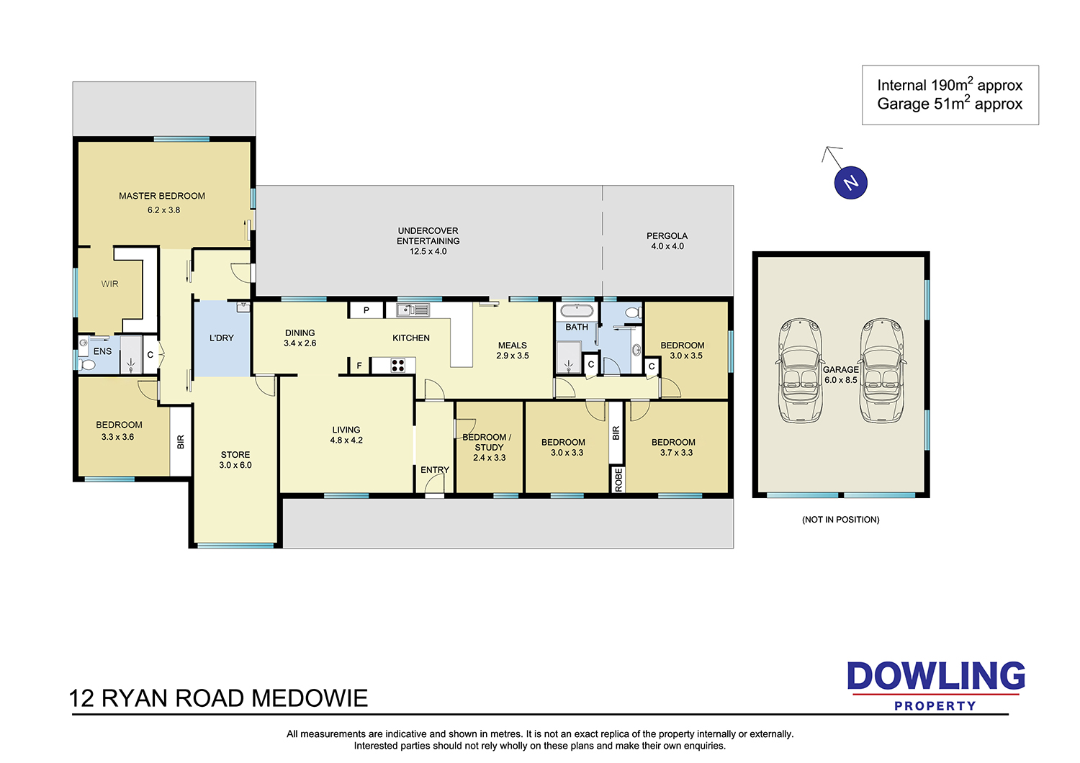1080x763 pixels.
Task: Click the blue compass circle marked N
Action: (x=850, y=183)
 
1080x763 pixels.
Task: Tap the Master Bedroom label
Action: (x=162, y=197)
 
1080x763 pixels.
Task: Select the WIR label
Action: (x=109, y=284)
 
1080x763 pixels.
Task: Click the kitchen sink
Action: (x=413, y=310)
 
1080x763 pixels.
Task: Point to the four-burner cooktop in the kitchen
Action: (x=397, y=366)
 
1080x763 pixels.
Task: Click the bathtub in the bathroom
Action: (x=577, y=310)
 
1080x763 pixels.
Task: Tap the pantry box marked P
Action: (x=366, y=310)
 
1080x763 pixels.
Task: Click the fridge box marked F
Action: (x=359, y=366)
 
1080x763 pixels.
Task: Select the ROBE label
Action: (x=618, y=479)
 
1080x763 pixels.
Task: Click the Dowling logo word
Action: (x=936, y=676)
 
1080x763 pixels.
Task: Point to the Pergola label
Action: (x=667, y=236)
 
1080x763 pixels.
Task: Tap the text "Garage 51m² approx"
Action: (x=950, y=104)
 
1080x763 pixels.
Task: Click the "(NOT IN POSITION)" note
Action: (x=840, y=520)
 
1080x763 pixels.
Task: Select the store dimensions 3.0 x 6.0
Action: (x=235, y=465)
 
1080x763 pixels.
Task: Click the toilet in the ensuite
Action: (x=87, y=365)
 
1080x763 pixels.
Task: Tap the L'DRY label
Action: (x=221, y=338)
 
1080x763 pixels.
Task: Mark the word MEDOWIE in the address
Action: (x=310, y=698)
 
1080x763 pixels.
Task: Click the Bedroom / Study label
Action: (x=487, y=442)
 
